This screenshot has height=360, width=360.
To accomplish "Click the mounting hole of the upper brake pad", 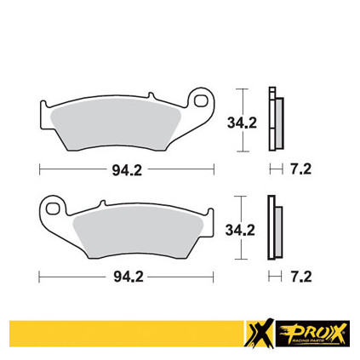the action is [x=201, y=100].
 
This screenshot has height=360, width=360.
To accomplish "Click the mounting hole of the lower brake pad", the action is [x=52, y=209].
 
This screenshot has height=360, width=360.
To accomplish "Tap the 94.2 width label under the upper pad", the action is [x=127, y=170].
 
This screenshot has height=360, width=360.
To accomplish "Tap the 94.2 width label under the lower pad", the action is [x=129, y=277].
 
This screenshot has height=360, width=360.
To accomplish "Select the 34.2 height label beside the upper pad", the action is [x=242, y=123].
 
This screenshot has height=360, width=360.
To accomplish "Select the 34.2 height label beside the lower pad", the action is [x=240, y=230].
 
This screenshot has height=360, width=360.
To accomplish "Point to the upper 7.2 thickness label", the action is [x=300, y=169].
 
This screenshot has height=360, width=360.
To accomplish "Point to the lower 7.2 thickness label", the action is [x=301, y=277].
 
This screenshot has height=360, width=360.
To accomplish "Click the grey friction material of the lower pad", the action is [x=138, y=231].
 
